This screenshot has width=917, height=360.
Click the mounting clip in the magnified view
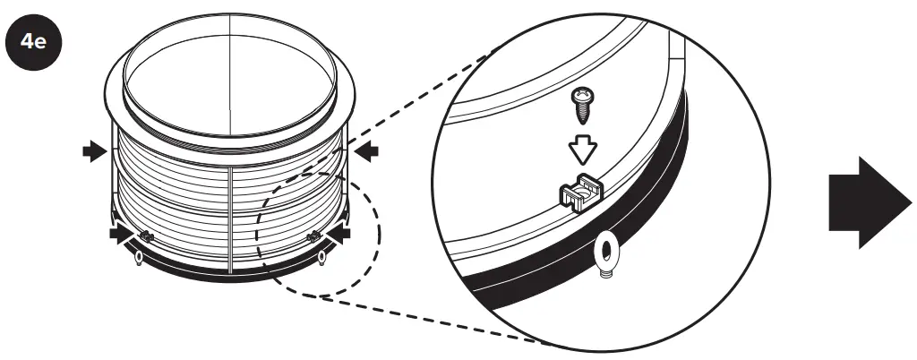click(x=580, y=189)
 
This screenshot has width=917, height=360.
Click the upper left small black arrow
click(x=93, y=153)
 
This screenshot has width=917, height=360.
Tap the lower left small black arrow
click(x=121, y=234)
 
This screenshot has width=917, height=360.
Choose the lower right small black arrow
click(x=338, y=234)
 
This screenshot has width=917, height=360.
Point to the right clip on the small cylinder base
click(x=314, y=236)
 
